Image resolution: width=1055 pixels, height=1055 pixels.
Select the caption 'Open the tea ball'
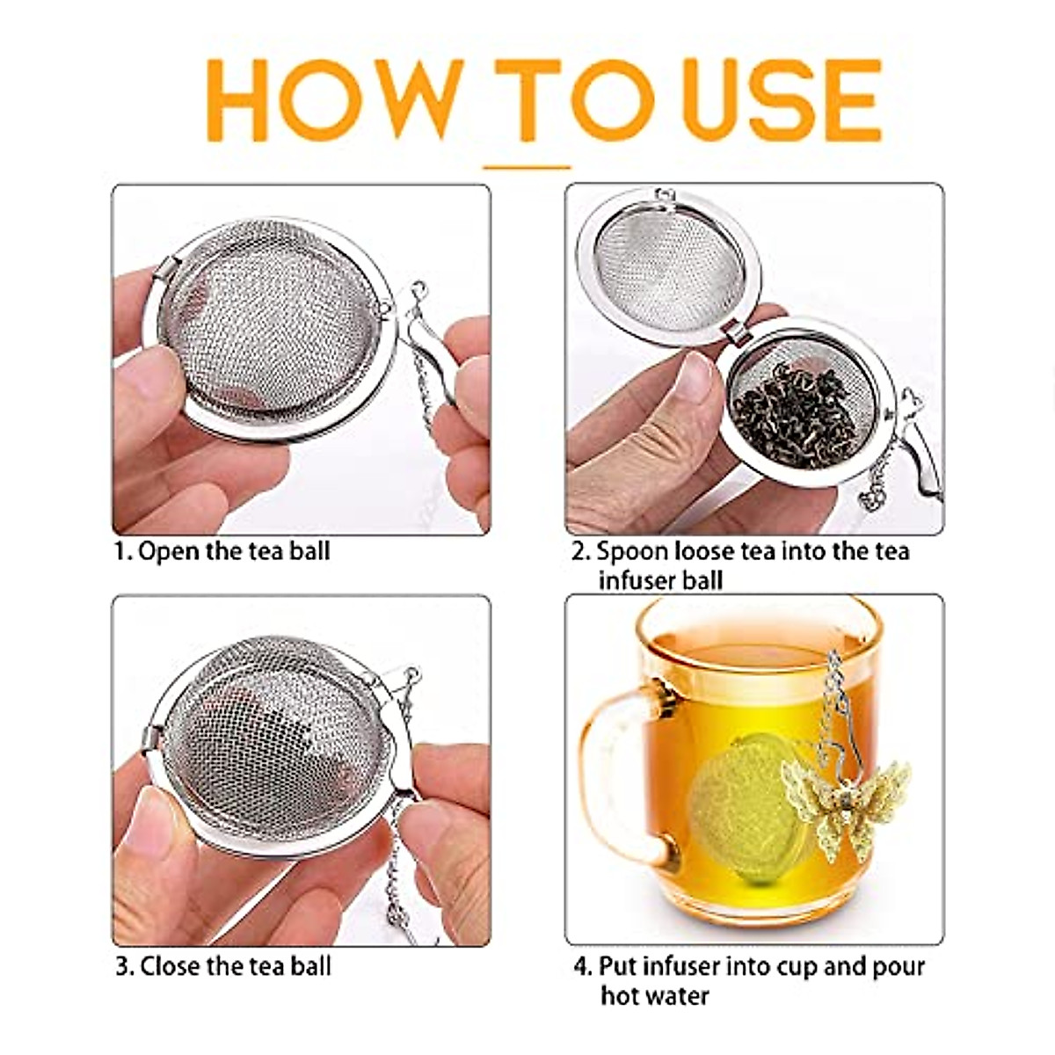234,552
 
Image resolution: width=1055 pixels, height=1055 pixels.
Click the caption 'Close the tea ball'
236,966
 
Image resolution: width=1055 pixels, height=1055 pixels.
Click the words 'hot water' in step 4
654,996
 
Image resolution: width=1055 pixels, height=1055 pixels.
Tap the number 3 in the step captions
123,966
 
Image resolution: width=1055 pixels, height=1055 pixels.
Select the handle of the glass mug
615,774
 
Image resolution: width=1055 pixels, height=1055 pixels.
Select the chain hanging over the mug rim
835,695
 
